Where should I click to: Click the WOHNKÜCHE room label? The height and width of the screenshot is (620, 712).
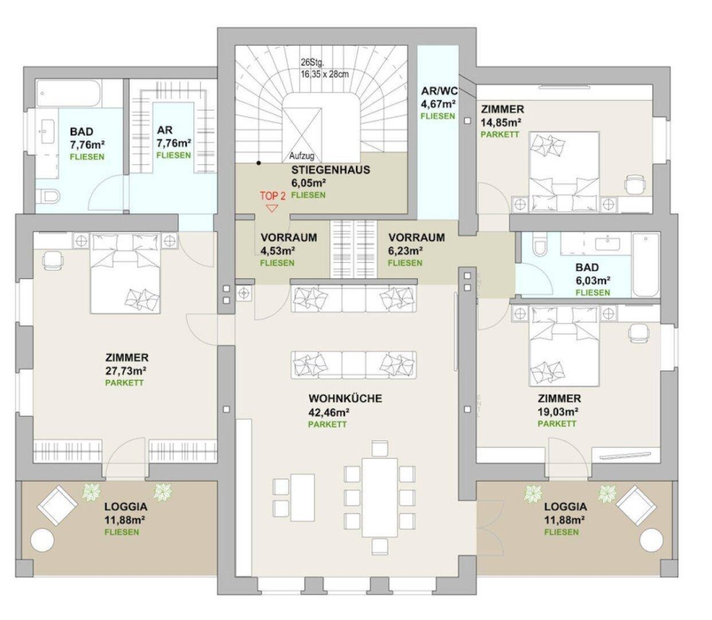click(345, 398)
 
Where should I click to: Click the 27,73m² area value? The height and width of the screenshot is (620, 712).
click(126, 371)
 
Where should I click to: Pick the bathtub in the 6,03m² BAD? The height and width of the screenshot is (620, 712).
click(645, 265)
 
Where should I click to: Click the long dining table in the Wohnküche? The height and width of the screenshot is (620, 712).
click(380, 497)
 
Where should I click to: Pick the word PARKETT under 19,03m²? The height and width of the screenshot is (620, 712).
click(557, 423)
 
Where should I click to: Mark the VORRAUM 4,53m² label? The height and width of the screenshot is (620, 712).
click(289, 237)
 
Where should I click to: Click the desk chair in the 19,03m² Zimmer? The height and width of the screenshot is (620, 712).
click(637, 334)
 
